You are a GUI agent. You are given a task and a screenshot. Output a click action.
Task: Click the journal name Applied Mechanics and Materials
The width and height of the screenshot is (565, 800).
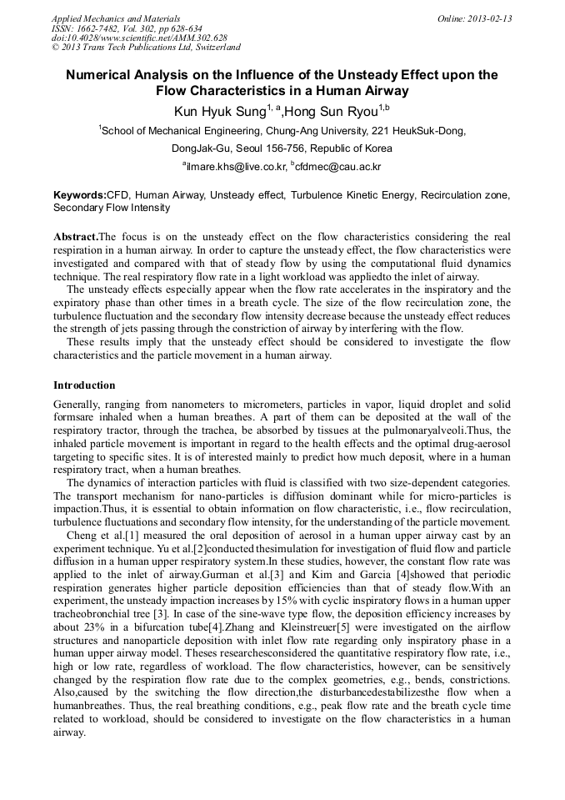coord(115,18)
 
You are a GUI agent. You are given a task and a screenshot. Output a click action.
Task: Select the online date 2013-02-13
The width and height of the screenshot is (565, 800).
coord(487,18)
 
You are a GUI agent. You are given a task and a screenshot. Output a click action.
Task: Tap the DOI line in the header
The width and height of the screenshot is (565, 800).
coord(139,38)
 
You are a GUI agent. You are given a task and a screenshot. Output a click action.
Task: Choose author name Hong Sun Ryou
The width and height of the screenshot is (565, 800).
coord(330,111)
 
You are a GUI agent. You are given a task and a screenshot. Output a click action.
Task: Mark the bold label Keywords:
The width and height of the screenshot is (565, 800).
coord(79,194)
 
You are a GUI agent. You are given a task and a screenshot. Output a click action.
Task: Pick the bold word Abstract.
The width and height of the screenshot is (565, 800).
coord(75,237)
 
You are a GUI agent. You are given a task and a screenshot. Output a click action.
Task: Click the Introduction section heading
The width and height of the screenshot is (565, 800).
coord(84,385)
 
